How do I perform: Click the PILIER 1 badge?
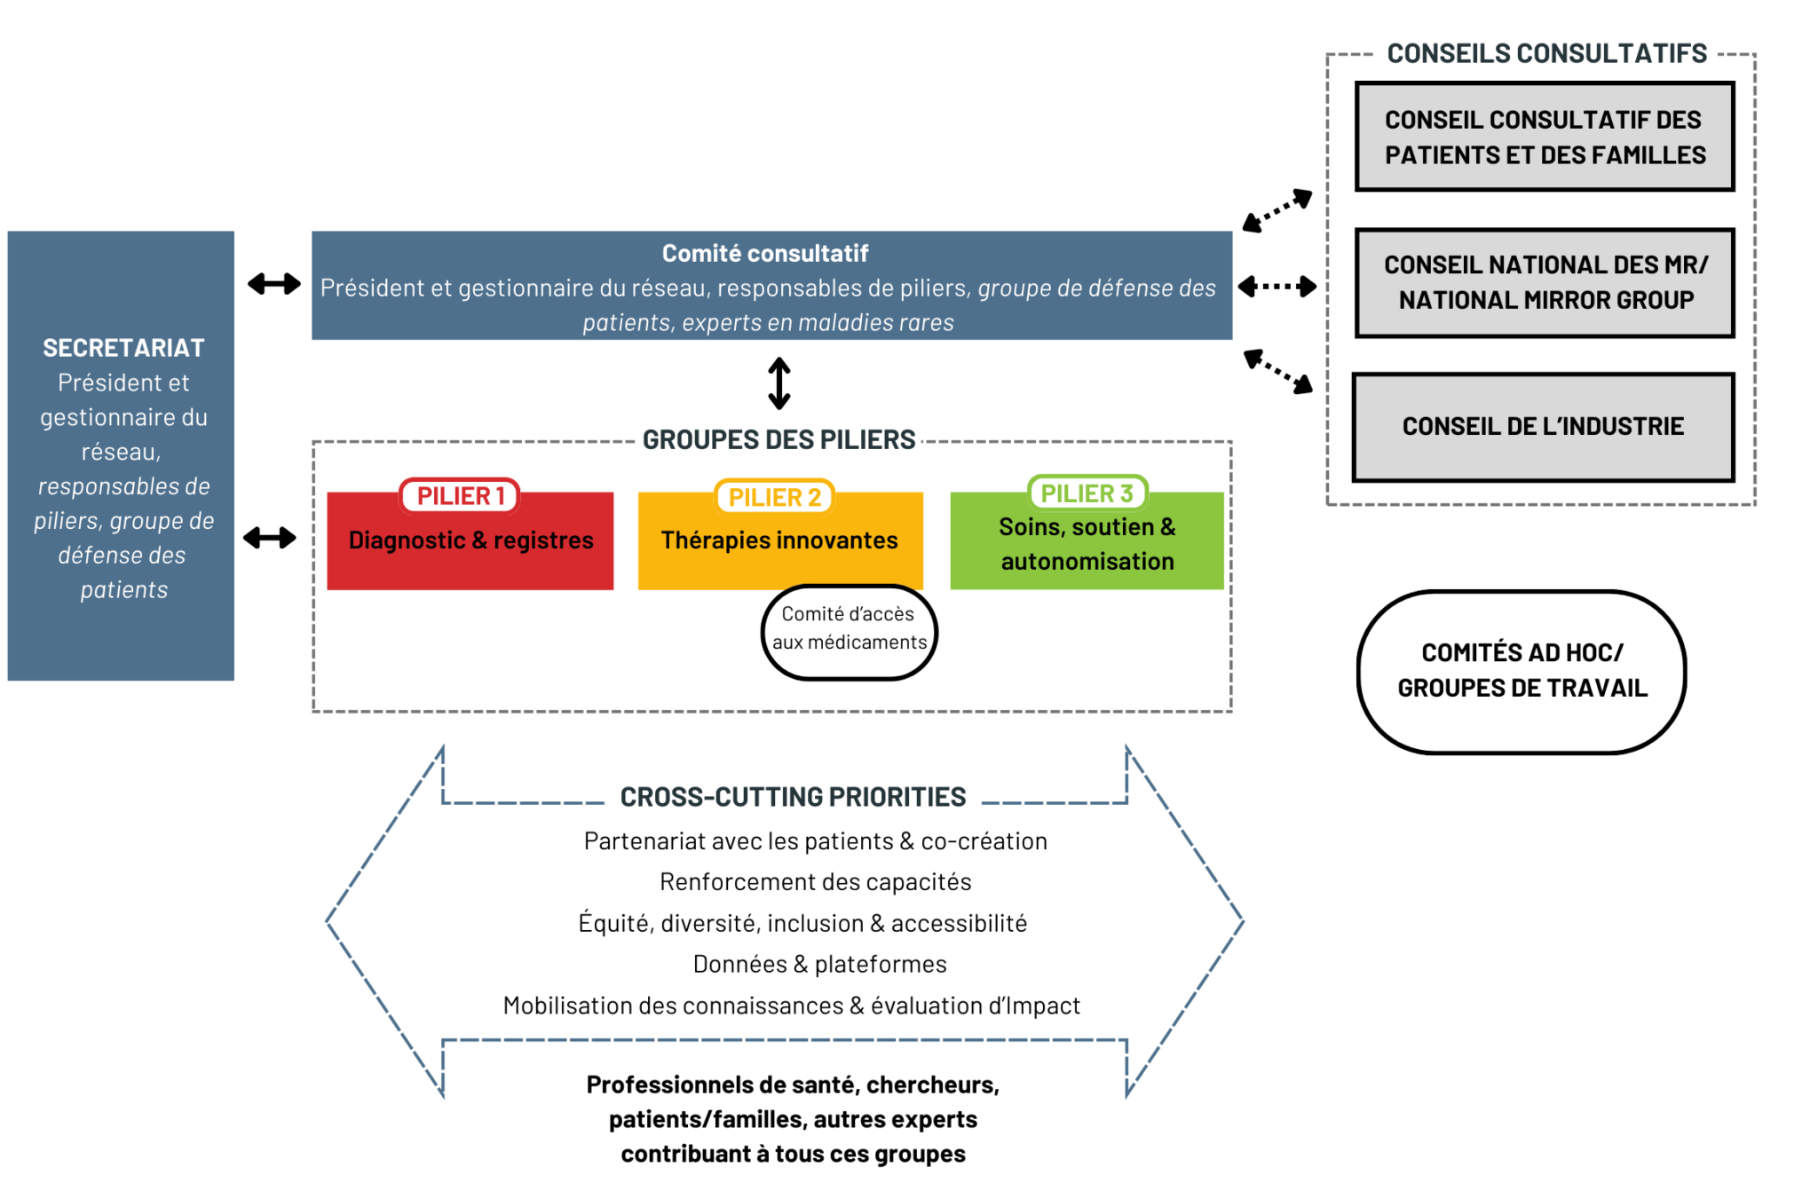point(460,495)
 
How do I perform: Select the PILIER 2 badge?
point(774,497)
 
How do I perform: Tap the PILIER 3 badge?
point(1087,493)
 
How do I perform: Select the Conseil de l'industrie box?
point(1543,427)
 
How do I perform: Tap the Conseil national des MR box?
point(1545,282)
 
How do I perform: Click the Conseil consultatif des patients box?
point(1545,137)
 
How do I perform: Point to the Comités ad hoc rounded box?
point(1522,671)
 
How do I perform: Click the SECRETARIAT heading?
point(123,348)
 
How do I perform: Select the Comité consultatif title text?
point(764,254)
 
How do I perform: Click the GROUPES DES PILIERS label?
point(779,439)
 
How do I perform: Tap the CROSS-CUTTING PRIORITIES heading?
point(793,797)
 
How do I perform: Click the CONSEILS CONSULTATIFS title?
point(1546,53)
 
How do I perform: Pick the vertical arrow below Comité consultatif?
point(779,383)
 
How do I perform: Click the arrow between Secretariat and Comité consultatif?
point(273,284)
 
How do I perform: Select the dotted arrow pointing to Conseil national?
point(1277,287)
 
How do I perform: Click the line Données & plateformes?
point(819,964)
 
